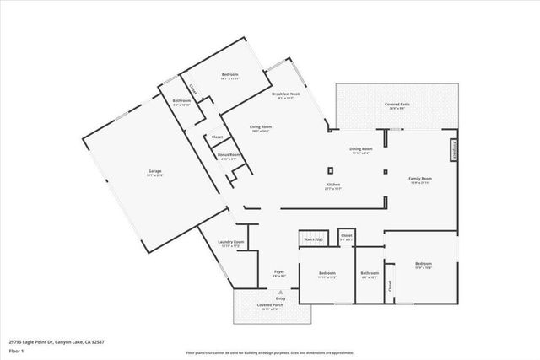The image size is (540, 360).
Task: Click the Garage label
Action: (x=154, y=172)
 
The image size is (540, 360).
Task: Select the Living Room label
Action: (x=259, y=128)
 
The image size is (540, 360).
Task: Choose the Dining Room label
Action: (x=361, y=150)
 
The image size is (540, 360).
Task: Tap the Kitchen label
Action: (x=334, y=186)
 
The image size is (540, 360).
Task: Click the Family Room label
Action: (x=420, y=180)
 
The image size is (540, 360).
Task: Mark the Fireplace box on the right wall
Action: (x=453, y=148)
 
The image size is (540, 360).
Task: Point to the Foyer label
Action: (x=278, y=272)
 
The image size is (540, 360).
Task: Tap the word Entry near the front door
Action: (x=280, y=299)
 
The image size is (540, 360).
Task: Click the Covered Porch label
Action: (x=270, y=307)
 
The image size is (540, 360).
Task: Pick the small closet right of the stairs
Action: (x=347, y=237)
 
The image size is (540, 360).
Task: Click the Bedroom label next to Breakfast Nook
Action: (x=230, y=77)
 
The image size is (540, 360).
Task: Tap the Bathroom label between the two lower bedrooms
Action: (x=370, y=274)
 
